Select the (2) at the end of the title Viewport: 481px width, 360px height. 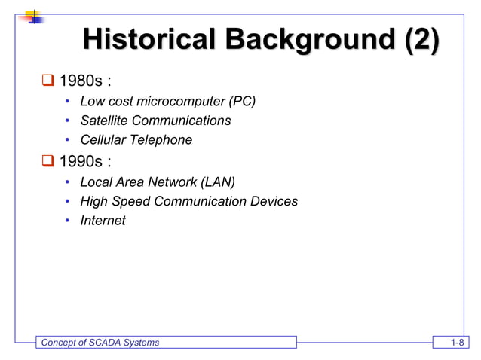pos(421,40)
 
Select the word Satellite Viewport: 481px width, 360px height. pos(104,121)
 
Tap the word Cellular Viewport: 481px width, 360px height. pos(103,140)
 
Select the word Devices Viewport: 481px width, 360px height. pos(273,201)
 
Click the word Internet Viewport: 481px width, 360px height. pos(103,221)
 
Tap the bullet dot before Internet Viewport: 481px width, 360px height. pos(67,221)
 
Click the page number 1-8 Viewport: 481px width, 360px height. pos(455,343)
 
